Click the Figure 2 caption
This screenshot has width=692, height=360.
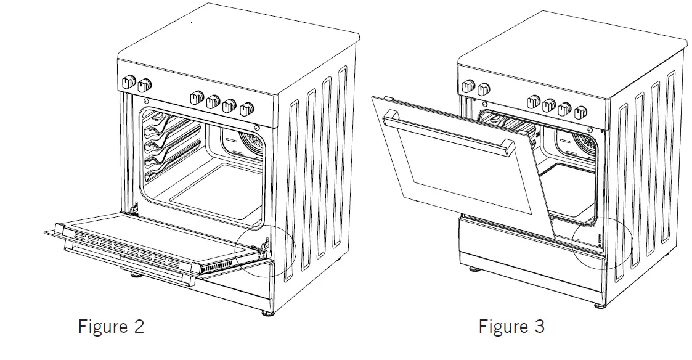[111, 326]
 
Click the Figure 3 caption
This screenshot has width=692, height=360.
[511, 326]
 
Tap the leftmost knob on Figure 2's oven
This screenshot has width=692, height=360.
[129, 82]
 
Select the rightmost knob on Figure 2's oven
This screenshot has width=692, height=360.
[248, 110]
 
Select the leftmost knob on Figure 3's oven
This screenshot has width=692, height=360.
[467, 86]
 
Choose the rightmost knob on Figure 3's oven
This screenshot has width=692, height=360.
[581, 112]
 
